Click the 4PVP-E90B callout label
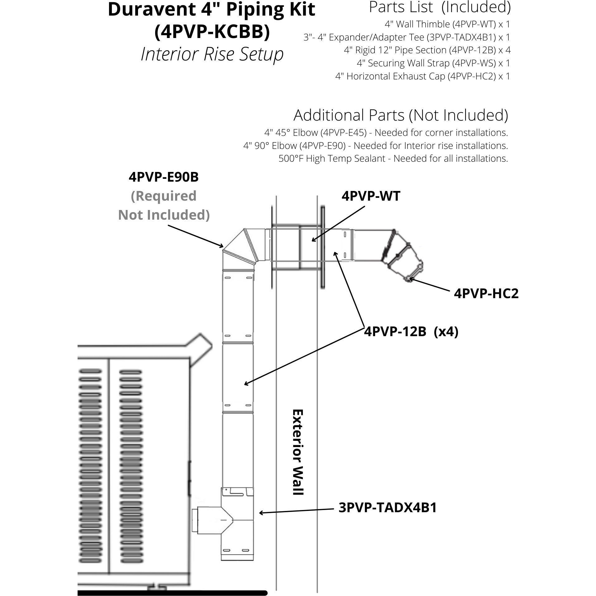click(x=164, y=177)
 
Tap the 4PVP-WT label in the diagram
click(x=371, y=196)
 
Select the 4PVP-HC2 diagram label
click(x=486, y=293)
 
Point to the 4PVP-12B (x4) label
click(x=411, y=332)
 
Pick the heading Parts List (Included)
click(x=440, y=7)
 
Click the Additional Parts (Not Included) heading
click(x=401, y=115)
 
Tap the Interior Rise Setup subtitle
click(x=212, y=54)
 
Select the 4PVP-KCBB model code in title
click(x=212, y=32)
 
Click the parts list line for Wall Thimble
click(x=447, y=24)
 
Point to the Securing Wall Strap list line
click(x=433, y=63)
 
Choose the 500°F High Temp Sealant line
click(x=393, y=159)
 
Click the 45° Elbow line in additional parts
click(x=386, y=133)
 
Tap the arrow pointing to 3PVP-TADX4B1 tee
click(x=296, y=510)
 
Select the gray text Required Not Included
click(x=164, y=206)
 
